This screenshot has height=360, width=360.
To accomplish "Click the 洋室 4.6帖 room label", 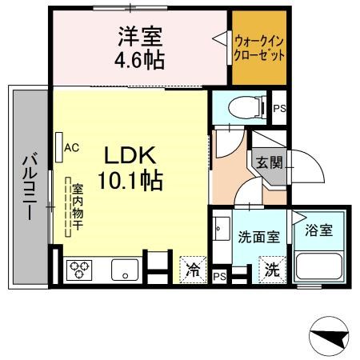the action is tap(140, 48).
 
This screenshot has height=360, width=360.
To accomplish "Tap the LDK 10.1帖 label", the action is tap(130, 168).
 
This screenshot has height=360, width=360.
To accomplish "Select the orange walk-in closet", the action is tap(259, 48).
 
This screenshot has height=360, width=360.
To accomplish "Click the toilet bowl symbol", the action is tap(247, 107).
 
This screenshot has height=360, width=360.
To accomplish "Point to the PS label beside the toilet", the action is tap(279, 109).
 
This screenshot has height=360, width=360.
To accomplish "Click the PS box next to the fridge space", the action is tap(220, 277).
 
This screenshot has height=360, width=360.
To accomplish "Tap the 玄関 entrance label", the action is tap(270, 162).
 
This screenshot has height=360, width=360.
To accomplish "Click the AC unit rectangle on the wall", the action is tap(59, 147).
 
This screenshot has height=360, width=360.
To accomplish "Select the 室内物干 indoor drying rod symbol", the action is tap(68, 207).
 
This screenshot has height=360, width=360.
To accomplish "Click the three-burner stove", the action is tap(79, 270).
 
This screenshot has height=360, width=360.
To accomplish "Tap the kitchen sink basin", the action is tap(125, 270).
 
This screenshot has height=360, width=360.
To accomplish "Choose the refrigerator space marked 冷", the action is tap(193, 270).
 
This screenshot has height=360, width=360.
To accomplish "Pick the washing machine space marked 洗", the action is tap(272, 270).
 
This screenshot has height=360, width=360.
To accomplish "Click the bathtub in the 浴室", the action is tap(319, 266).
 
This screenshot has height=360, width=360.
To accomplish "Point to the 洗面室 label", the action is tap(258, 237).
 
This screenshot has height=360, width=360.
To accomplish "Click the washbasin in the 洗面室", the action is tap(222, 229).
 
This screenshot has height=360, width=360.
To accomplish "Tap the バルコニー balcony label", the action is tap(30, 186).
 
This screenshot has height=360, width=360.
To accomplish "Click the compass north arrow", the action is tap(330, 337).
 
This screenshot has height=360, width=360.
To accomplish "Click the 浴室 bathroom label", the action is tap(319, 230).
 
